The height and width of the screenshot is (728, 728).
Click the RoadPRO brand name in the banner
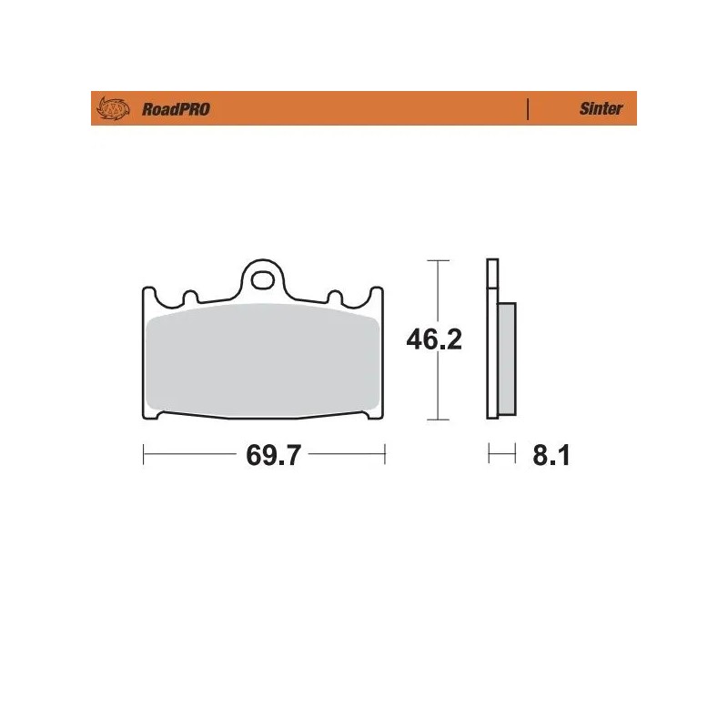tap(175, 109)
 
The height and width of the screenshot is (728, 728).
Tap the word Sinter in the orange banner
tap(601, 109)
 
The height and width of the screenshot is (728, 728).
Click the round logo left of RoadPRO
tap(114, 109)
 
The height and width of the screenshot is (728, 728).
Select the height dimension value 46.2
tap(434, 339)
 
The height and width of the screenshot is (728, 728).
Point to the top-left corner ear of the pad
tap(147, 294)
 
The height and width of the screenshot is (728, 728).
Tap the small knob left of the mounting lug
tap(191, 297)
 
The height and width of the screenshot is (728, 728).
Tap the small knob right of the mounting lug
tap(334, 297)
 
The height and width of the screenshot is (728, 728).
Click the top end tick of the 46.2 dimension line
tap(439, 260)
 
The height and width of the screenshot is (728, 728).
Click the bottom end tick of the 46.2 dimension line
tap(439, 420)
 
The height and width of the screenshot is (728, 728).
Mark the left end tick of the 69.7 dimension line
tap(144, 454)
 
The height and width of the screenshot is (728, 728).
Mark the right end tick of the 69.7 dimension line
tap(385, 454)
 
